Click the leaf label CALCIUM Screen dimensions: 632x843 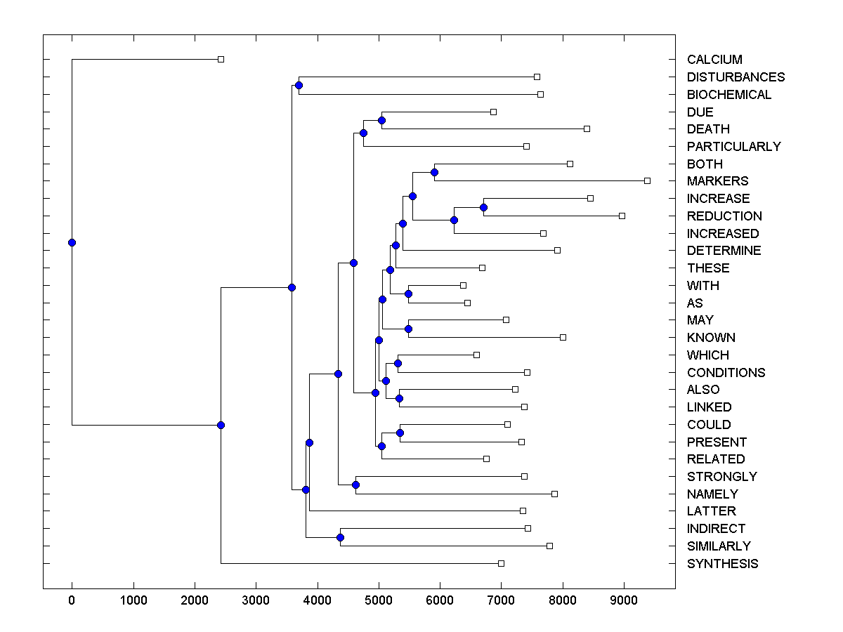[x=714, y=60]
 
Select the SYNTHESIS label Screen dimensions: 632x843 [x=722, y=564]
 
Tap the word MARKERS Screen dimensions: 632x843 [x=717, y=181]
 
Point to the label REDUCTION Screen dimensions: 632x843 [x=724, y=216]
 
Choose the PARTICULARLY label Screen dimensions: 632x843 [x=733, y=147]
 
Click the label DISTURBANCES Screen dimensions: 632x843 [x=736, y=77]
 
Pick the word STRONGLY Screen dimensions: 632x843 [x=722, y=477]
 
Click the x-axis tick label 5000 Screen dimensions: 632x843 [x=379, y=601]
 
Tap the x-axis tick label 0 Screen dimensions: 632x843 [x=72, y=601]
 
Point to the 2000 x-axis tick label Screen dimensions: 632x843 [x=195, y=601]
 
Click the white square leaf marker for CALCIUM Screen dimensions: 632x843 [x=221, y=60]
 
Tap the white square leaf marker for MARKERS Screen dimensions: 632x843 [x=647, y=181]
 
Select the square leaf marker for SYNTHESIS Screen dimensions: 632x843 [x=501, y=563]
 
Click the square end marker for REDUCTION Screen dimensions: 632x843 [x=622, y=216]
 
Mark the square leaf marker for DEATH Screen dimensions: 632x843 [x=587, y=129]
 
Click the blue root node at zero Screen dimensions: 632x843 [x=72, y=242]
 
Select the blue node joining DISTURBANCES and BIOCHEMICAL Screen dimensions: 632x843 [x=299, y=85]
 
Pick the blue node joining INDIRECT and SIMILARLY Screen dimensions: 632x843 [x=340, y=537]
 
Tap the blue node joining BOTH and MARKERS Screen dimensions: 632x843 [x=434, y=172]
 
